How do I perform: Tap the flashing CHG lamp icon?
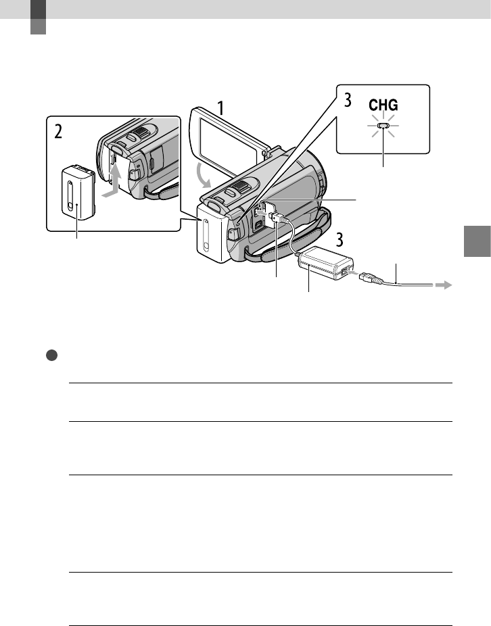[383, 126]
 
